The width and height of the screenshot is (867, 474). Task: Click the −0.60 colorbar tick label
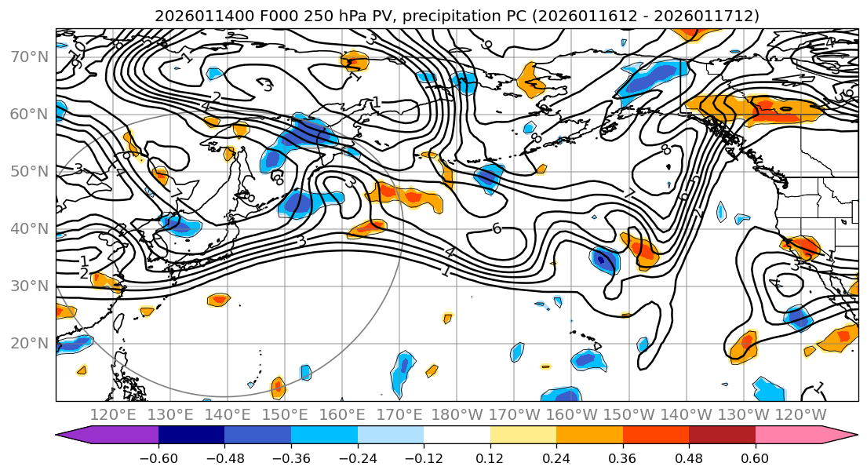click(158, 456)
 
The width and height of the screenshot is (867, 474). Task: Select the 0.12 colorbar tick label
click(490, 456)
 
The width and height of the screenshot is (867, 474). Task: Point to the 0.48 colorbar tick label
click(689, 456)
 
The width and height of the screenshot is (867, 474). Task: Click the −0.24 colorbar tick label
click(357, 456)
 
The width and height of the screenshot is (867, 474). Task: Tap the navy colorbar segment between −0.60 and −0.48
click(191, 436)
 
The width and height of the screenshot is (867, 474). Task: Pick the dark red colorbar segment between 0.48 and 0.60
click(722, 436)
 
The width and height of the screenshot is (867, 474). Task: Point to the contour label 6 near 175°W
click(496, 228)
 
